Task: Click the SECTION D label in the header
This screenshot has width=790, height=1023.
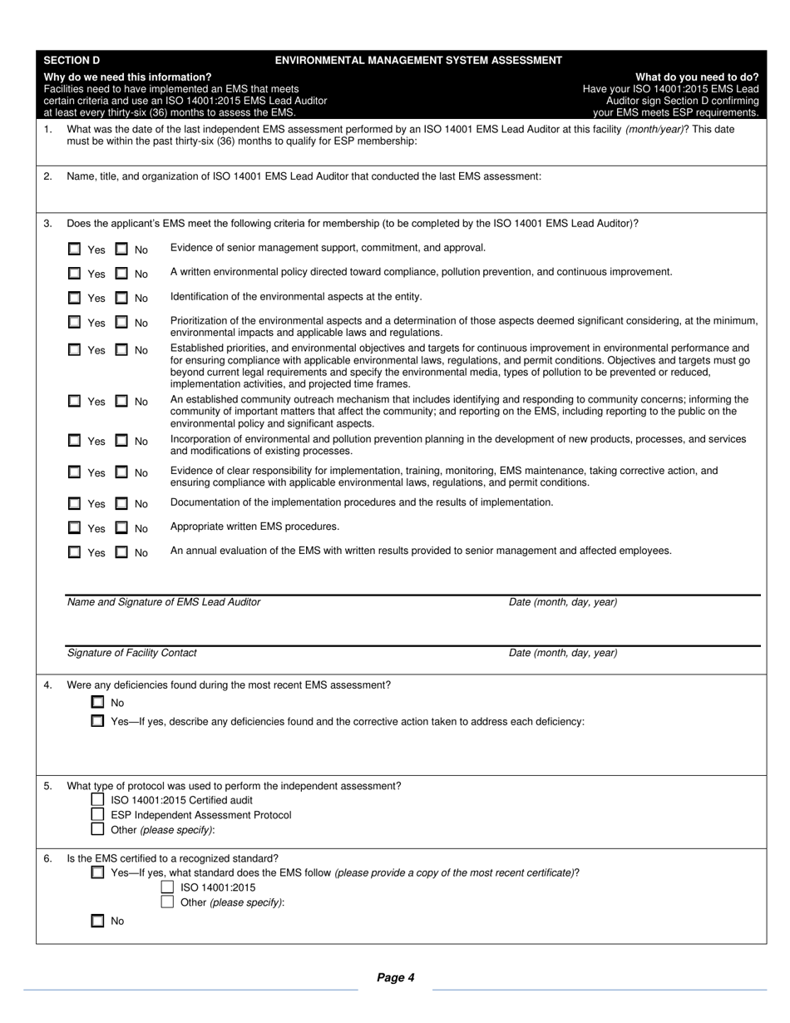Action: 72,61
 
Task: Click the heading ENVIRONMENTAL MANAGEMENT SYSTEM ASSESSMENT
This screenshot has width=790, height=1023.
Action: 418,61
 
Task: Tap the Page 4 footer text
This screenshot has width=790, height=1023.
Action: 396,978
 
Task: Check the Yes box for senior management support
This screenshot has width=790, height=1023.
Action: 75,249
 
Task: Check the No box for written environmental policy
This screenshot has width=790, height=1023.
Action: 121,273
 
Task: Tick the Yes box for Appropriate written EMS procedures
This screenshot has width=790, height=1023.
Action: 75,527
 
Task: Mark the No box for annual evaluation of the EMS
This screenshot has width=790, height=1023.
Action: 121,551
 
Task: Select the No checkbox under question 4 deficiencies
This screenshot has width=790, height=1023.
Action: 98,702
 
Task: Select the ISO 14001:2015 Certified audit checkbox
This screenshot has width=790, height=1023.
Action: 98,800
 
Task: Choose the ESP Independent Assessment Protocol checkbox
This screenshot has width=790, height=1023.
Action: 98,814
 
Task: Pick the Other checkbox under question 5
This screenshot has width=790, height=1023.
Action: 98,829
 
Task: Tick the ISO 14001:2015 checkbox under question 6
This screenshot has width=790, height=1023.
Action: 167,887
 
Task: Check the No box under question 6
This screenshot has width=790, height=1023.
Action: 98,921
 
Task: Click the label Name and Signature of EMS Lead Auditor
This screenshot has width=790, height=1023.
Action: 163,602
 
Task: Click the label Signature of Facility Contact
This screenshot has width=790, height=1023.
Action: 131,653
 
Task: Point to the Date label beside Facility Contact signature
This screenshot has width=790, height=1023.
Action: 563,653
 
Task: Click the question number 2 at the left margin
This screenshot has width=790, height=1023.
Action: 47,176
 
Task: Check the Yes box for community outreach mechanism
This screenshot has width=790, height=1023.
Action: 75,401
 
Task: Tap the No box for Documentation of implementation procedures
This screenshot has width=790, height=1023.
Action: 121,503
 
